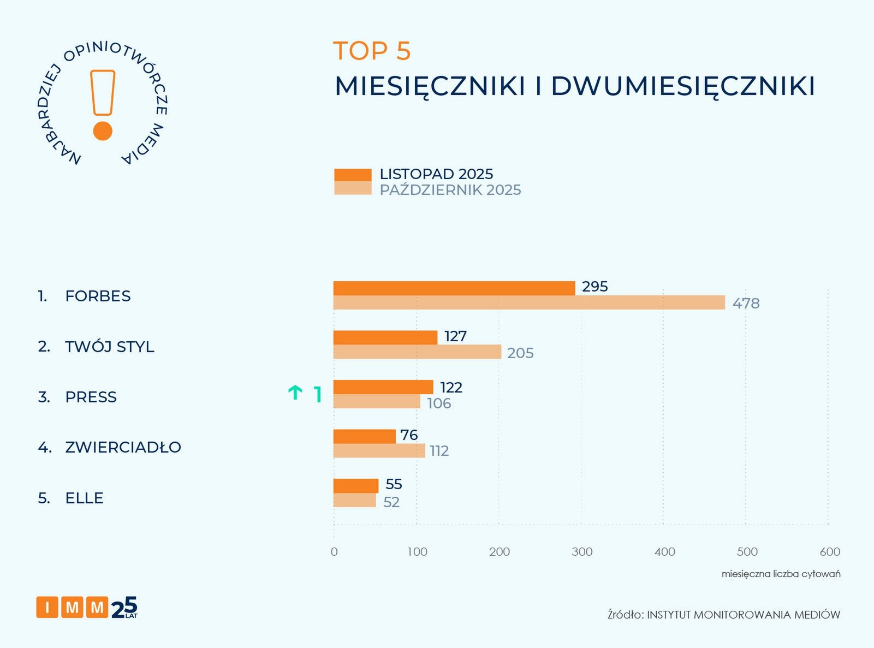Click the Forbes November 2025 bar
tap(454, 288)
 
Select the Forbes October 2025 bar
tap(529, 302)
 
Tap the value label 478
tap(746, 304)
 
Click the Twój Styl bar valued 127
tap(385, 337)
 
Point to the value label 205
tap(520, 353)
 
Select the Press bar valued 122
tap(383, 387)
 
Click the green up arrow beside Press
tap(295, 393)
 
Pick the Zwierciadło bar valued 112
tap(379, 450)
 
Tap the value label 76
tap(409, 435)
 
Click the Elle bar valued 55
tap(356, 485)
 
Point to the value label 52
tap(391, 502)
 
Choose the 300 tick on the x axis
tap(582, 552)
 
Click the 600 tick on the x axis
tap(830, 552)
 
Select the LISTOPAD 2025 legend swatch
tap(353, 175)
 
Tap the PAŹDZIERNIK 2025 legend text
tap(450, 190)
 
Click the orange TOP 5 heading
tap(372, 51)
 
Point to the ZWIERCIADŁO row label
tap(123, 447)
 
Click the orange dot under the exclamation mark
tap(103, 131)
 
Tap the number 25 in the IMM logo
tap(124, 608)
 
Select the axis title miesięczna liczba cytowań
tap(781, 574)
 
